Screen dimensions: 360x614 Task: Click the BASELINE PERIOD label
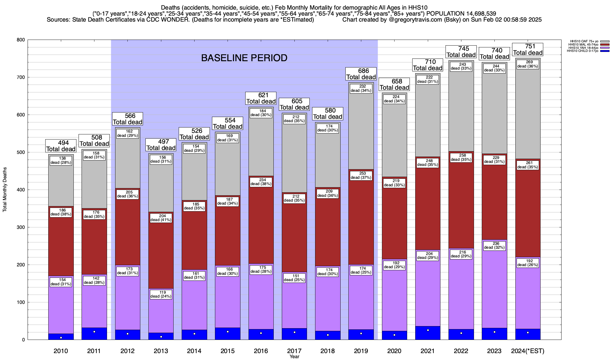244,58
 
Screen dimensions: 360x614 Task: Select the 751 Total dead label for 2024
528,49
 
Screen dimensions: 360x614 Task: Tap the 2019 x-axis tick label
361,351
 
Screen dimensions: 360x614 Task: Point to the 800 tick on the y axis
21,40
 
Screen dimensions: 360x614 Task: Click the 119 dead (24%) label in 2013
161,294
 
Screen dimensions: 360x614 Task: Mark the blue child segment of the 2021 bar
428,333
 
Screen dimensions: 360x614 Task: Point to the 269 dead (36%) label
528,64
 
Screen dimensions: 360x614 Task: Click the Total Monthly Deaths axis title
5,189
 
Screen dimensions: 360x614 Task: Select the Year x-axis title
294,357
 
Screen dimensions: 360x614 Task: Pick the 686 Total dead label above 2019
361,74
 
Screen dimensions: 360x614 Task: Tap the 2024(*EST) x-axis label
528,351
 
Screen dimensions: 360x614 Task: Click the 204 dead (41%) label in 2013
161,217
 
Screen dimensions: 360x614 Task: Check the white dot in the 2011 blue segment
94,332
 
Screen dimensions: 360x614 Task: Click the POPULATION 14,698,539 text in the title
461,13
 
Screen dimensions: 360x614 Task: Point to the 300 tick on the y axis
21,227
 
